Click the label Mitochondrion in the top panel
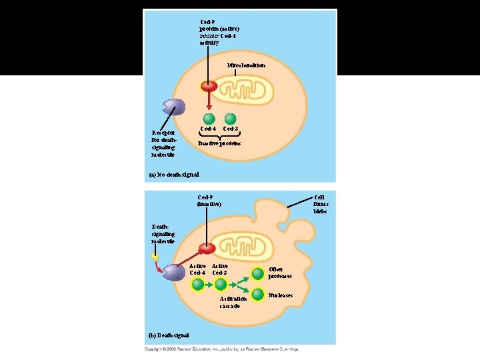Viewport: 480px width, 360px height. (x=246, y=65)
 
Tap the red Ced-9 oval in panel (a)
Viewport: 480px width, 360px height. (x=209, y=87)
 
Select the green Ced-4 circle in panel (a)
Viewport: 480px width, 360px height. (x=209, y=117)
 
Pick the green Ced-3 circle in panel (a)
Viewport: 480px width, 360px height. (x=231, y=117)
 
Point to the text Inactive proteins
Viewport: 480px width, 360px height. (x=219, y=143)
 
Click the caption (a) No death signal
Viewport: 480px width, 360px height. (x=173, y=175)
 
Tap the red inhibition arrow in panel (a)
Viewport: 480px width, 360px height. (x=209, y=101)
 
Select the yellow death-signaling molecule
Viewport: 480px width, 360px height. (x=154, y=255)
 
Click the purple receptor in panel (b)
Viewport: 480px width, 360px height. (x=175, y=272)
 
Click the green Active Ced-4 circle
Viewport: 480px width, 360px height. (x=198, y=285)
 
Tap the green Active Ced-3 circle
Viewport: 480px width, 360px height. (x=220, y=285)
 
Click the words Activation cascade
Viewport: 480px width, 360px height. (x=230, y=302)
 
